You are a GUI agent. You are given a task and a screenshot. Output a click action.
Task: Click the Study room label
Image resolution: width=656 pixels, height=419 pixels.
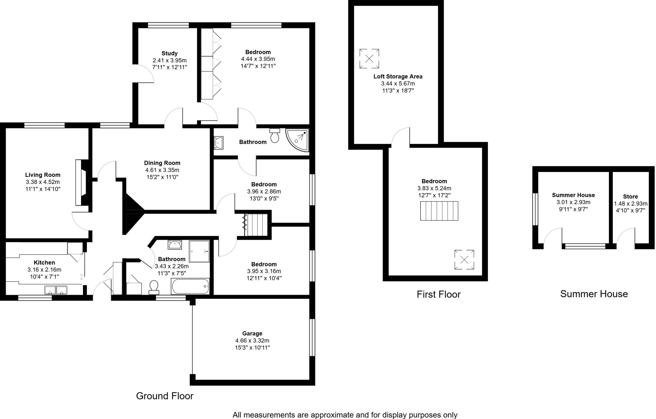point(169,53)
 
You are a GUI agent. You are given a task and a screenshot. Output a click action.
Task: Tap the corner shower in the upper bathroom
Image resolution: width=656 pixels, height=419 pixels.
point(298,140)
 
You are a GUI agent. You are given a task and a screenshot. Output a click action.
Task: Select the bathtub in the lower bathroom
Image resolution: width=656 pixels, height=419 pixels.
point(191,286)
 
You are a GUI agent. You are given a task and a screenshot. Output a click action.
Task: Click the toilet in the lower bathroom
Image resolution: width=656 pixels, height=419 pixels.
point(154,287)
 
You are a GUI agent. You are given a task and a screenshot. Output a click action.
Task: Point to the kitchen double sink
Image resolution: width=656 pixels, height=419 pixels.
point(56,290)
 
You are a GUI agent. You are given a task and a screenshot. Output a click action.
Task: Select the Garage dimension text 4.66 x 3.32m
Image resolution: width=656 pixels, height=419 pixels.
point(252,341)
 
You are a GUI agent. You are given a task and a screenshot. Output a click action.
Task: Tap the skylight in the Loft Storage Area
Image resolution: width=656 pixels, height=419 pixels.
point(369,59)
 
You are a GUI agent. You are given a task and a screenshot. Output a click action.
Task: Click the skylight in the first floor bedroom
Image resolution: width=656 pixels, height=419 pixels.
point(464,260)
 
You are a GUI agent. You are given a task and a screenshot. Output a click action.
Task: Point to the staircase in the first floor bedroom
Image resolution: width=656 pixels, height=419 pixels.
point(439,211)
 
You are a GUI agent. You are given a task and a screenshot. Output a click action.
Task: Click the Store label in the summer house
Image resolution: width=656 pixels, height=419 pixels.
point(630,197)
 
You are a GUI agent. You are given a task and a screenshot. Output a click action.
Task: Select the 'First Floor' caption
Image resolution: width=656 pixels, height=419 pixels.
point(438,295)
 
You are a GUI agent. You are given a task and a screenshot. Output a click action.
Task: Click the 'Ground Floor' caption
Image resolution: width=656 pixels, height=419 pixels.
point(165,396)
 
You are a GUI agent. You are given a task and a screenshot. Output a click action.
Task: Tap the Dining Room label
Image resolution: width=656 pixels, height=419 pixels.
point(162,163)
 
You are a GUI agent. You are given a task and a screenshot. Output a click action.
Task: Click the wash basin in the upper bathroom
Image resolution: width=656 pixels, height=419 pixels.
point(219,143)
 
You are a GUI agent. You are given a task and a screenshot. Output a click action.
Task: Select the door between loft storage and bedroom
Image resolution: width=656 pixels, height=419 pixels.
point(400,138)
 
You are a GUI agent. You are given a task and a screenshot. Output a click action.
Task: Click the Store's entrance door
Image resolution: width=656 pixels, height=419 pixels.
point(626,238)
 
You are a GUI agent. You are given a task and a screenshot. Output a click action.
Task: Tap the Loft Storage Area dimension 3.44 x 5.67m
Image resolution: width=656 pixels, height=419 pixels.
point(398,83)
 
